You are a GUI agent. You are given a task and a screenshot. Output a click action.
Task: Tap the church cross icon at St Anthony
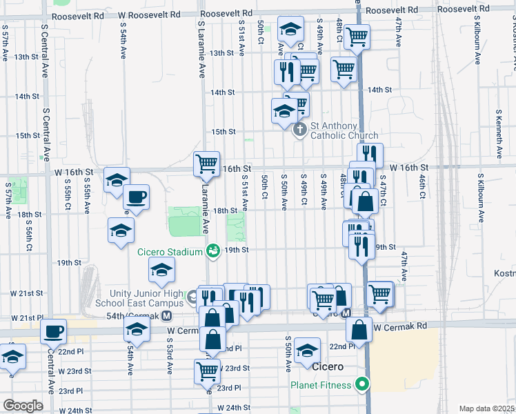tap(299, 129)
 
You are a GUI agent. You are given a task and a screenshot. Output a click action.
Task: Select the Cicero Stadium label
tap(170, 252)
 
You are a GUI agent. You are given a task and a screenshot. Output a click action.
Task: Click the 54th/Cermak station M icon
tap(166, 316)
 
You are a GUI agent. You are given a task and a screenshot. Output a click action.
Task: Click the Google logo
tap(23, 406)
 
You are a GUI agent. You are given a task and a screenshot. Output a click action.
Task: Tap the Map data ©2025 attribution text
tap(487, 408)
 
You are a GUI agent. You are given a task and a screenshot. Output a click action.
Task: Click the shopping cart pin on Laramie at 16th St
tap(206, 164)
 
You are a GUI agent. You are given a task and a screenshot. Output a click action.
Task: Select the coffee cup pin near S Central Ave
tap(53, 331)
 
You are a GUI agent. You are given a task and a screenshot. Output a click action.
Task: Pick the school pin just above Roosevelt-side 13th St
tap(290, 29)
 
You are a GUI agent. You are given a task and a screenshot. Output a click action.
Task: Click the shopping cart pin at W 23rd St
tap(207, 371)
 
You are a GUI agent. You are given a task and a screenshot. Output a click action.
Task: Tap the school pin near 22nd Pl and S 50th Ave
tap(307, 350)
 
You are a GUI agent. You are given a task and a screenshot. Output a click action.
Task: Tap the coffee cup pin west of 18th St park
tap(136, 197)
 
